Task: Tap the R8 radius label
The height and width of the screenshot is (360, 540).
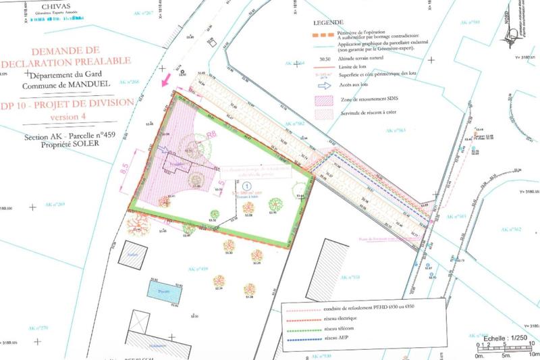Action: pyautogui.click(x=211, y=134)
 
